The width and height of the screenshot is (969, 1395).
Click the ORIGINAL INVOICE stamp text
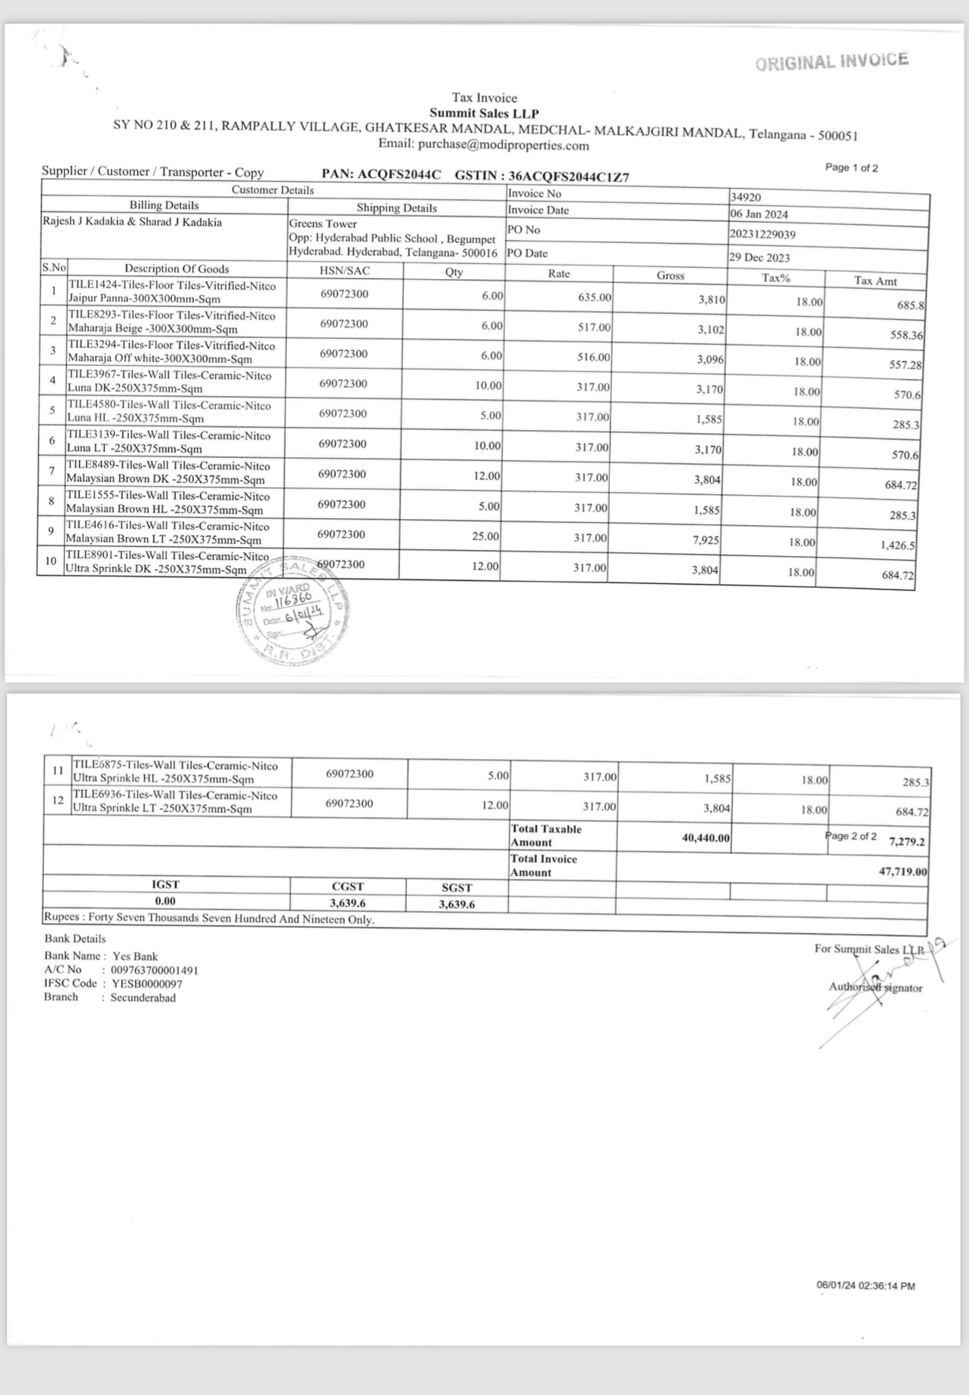832,62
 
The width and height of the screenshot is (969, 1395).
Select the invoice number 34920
746,198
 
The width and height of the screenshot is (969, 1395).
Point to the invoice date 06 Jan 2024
758,214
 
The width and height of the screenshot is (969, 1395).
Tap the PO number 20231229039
762,235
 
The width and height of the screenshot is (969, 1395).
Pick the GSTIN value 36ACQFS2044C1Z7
569,177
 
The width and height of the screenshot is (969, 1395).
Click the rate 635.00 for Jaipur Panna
594,297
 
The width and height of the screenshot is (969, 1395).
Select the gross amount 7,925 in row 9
705,540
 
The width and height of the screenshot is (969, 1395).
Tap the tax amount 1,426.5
898,545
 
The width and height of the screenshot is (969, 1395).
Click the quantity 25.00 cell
485,536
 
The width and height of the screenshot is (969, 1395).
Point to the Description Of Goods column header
177,269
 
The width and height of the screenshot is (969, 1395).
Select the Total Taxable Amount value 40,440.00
706,837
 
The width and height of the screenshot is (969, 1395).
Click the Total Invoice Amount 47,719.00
903,871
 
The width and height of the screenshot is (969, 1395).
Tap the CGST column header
348,886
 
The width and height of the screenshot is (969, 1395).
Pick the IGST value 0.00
165,901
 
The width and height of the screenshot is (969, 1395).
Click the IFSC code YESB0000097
147,984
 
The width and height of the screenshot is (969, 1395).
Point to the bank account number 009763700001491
155,970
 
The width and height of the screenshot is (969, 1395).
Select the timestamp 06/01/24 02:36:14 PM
866,1286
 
